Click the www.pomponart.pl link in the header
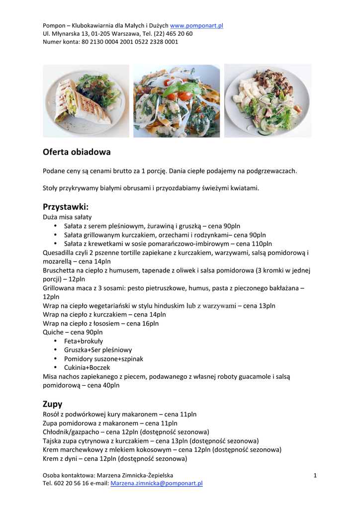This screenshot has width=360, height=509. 196,25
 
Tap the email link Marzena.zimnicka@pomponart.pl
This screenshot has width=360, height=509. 156,483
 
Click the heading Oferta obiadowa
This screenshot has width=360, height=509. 77,152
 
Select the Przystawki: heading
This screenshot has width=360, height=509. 65,206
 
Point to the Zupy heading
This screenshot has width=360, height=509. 52,404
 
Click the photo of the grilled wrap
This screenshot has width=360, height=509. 86,101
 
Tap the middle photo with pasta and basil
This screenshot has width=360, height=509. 177,101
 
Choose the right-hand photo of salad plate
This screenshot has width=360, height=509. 268,101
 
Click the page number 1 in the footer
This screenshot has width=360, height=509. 315,476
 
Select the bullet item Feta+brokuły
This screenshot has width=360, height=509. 84,341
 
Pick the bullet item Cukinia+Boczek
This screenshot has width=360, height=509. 87,368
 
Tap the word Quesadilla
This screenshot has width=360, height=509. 59,253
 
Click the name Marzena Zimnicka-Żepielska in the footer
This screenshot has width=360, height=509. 135,476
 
